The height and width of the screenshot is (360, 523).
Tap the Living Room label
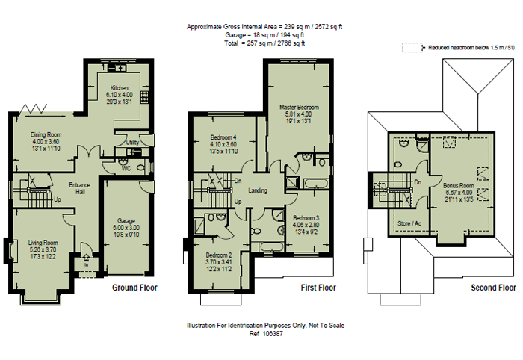point(43,243)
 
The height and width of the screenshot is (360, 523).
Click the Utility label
point(133,142)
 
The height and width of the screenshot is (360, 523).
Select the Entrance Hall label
point(79,189)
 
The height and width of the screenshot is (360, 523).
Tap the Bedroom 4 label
point(223,137)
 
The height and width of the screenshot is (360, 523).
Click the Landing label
point(259,190)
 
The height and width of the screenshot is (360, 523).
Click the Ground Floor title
point(134,287)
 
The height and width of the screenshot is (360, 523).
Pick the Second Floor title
point(493,287)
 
